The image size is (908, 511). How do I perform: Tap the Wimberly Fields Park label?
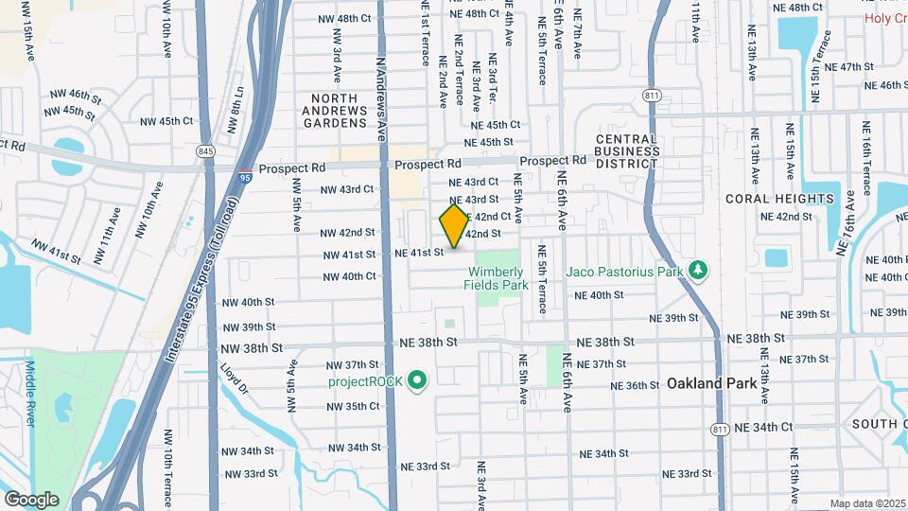[496, 277]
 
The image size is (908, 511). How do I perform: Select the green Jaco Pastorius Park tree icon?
[699, 272]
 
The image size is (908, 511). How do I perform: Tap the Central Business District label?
[627, 151]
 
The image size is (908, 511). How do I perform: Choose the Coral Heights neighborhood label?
[780, 199]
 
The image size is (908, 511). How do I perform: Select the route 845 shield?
[205, 151]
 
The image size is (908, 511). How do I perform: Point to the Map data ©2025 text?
[866, 503]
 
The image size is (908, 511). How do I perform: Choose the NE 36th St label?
[635, 385]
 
